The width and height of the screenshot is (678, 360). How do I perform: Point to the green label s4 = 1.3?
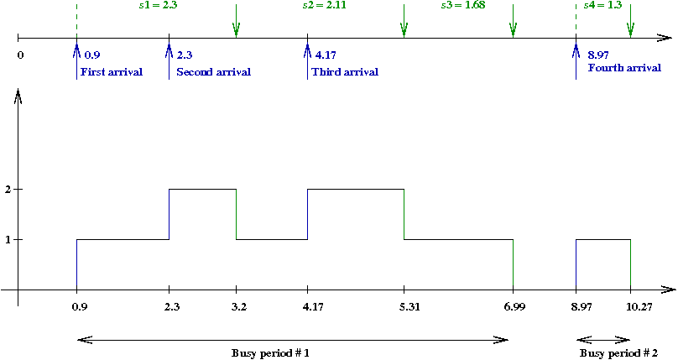(x=602, y=6)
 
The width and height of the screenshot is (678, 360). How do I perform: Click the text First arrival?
(x=112, y=72)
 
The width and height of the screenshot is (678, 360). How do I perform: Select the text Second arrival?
(x=213, y=72)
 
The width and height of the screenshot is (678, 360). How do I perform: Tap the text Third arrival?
(x=345, y=72)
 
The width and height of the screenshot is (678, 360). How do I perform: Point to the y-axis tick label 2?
(x=7, y=190)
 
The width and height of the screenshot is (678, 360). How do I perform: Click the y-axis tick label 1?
(x=7, y=240)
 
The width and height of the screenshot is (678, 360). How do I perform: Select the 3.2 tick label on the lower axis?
(x=238, y=308)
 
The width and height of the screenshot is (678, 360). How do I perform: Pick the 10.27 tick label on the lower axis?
(x=630, y=308)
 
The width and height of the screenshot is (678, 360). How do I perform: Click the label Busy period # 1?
(x=270, y=352)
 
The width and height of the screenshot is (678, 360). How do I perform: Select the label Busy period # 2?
(x=619, y=352)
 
